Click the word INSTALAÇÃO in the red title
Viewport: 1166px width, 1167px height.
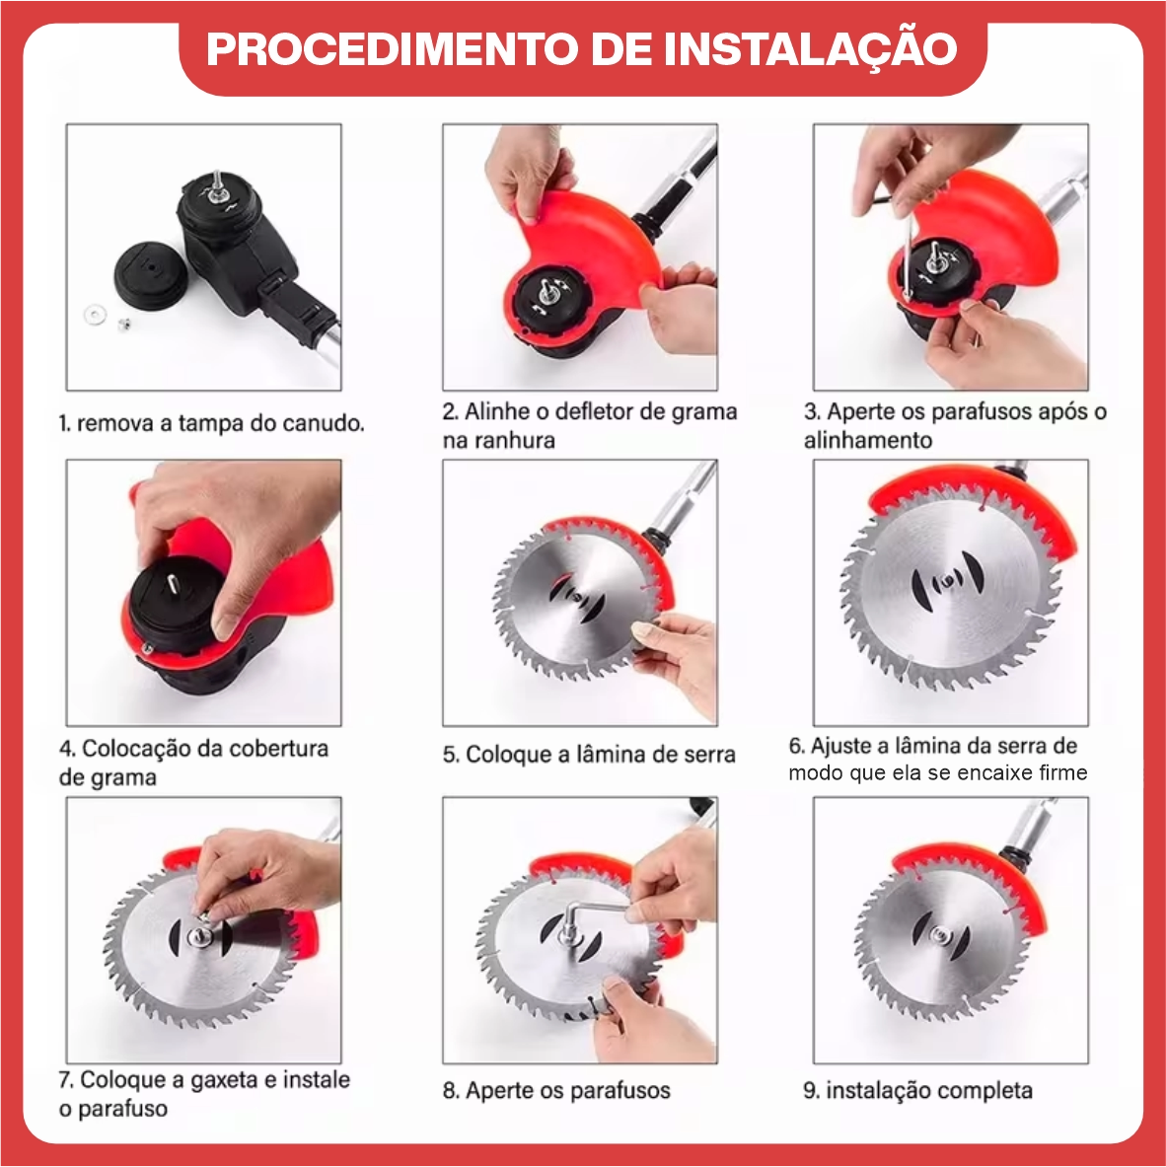[809, 48]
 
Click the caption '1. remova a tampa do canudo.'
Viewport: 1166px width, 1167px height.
[211, 424]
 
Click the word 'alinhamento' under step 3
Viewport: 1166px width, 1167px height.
[867, 440]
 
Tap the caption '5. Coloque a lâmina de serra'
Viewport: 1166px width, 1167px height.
[589, 755]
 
